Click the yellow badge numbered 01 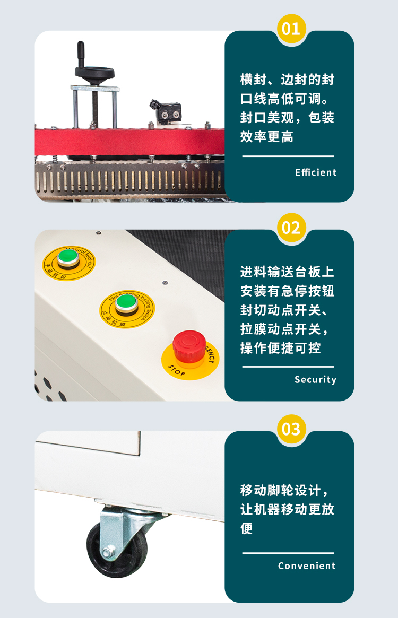(291, 28)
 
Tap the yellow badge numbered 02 (291, 228)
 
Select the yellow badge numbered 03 (291, 429)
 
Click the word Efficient (316, 172)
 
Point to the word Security (315, 380)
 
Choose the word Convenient (307, 566)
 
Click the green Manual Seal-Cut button (68, 257)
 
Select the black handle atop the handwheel (81, 54)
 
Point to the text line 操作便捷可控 (281, 348)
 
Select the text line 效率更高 (267, 137)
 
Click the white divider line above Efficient (288, 156)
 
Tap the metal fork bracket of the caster (119, 525)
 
